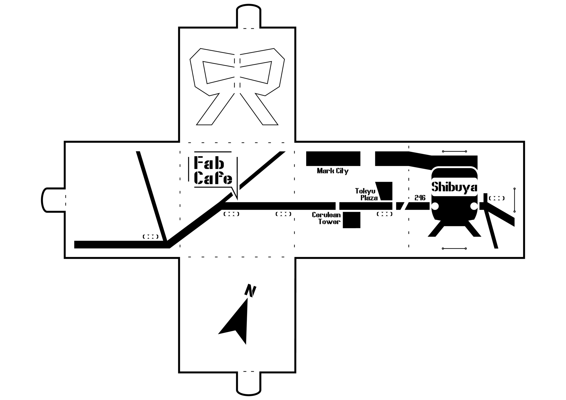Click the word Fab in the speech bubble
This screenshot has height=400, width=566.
point(209,163)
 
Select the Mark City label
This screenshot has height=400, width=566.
point(332,171)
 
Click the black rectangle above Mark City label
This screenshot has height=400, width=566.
point(333,159)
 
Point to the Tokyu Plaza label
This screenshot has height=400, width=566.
point(366,194)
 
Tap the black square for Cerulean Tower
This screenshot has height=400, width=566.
point(352,220)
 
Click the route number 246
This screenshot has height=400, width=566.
point(420,198)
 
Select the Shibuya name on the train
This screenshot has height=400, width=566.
point(454,187)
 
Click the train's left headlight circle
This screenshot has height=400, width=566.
point(435,206)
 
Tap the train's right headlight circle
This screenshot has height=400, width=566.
point(474,206)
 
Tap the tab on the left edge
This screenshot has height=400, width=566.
point(53,200)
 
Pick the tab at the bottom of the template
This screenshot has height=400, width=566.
point(249,384)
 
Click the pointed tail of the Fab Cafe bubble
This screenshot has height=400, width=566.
point(235,194)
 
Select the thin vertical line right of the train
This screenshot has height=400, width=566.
point(514,200)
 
